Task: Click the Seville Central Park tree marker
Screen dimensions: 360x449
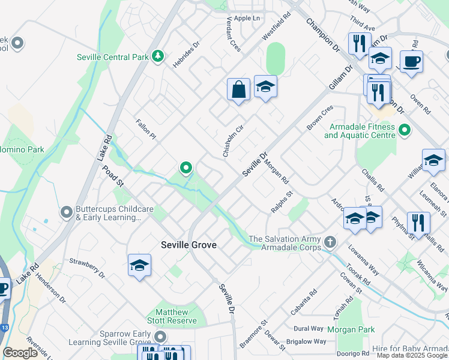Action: [x=157, y=56]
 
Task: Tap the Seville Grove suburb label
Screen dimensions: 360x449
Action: [x=188, y=245]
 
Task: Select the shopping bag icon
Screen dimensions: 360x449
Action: [x=238, y=90]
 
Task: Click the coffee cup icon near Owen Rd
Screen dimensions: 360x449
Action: [x=411, y=62]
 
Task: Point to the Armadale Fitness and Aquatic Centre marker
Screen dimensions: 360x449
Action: [x=404, y=130]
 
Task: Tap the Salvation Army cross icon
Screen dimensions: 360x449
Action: [x=330, y=242]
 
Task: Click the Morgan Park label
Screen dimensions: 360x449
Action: [x=351, y=329]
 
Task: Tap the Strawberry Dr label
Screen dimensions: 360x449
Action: [x=87, y=268]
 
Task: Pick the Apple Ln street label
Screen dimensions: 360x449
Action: [x=247, y=18]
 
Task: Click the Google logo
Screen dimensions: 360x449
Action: [x=20, y=353]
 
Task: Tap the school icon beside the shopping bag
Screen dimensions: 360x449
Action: [x=265, y=88]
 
